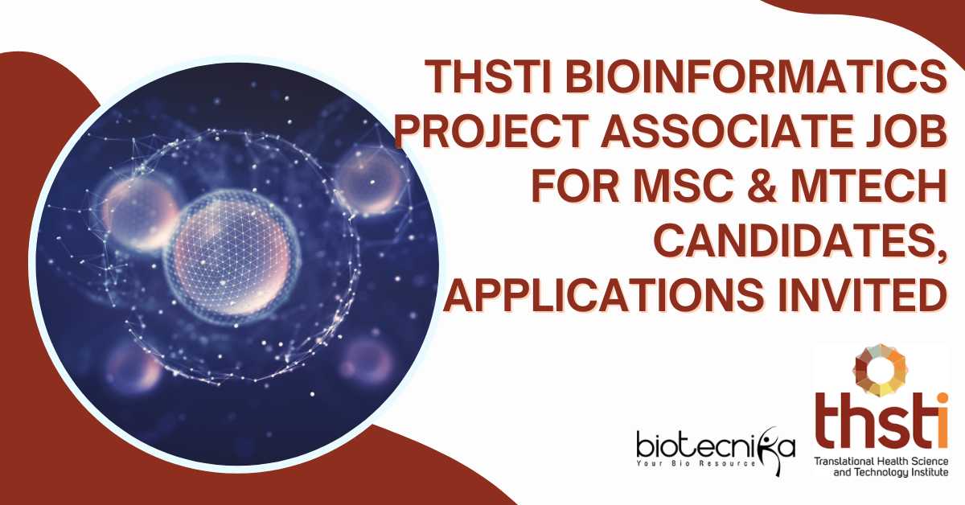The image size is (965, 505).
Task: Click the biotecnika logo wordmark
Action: pos(716,447)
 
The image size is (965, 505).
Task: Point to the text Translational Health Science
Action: pos(881,461)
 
